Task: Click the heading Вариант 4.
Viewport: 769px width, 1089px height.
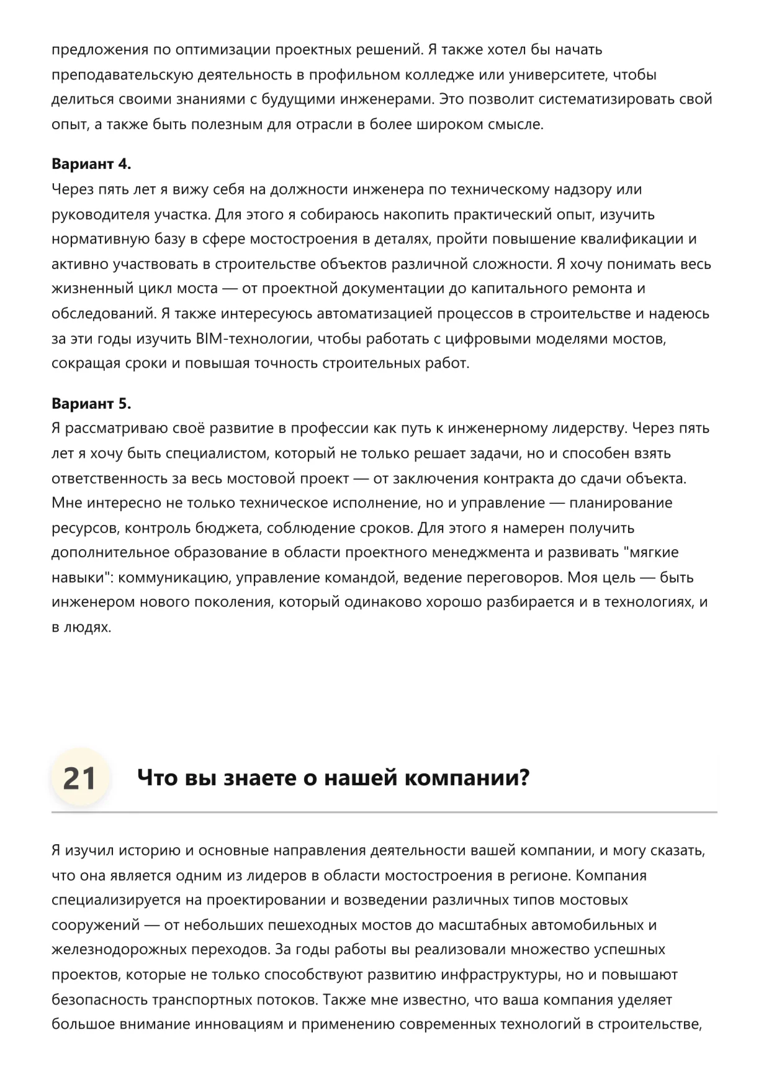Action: pyautogui.click(x=91, y=164)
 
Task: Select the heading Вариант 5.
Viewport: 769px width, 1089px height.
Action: pyautogui.click(x=91, y=403)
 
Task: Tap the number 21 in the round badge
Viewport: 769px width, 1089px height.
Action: pyautogui.click(x=79, y=778)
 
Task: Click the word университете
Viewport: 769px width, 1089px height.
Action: pyautogui.click(x=557, y=75)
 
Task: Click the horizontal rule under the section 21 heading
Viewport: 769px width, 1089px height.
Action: pyautogui.click(x=384, y=812)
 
